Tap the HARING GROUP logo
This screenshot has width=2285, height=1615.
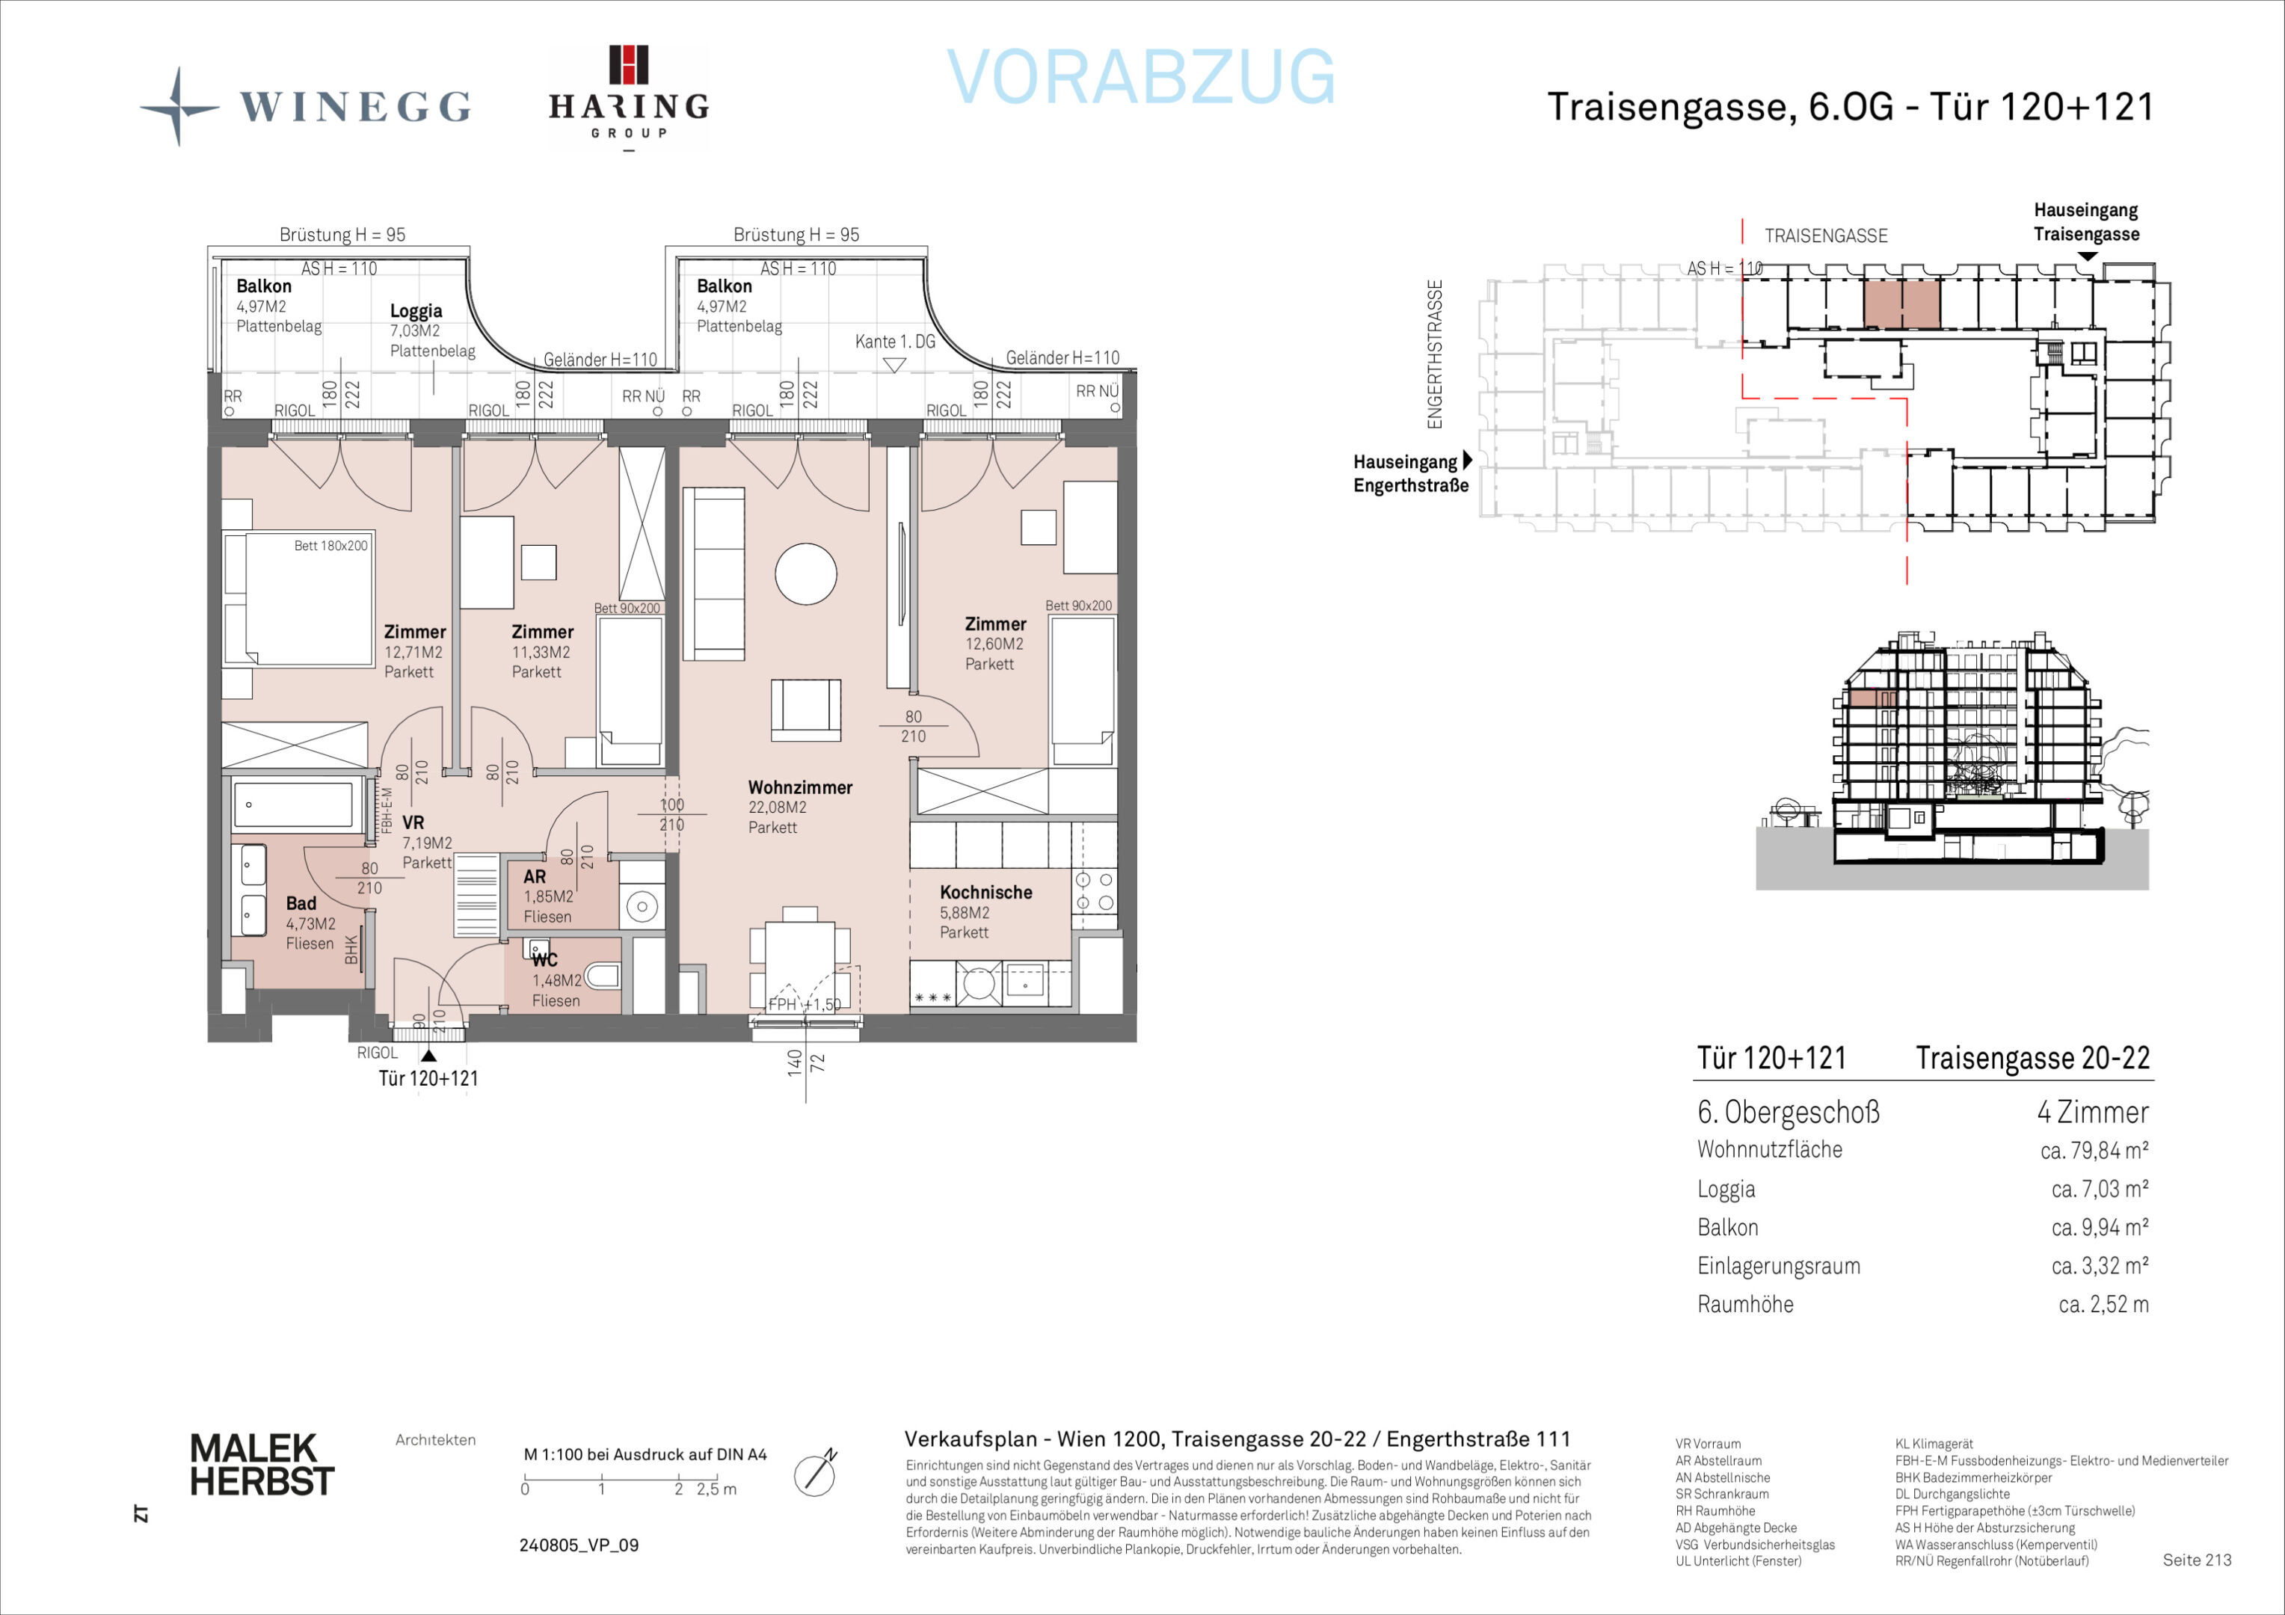629,97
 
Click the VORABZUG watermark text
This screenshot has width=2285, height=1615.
1140,76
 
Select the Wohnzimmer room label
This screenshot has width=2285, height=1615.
800,787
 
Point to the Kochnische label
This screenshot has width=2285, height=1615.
986,893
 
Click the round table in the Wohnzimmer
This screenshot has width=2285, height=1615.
806,574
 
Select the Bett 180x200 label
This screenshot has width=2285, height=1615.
331,545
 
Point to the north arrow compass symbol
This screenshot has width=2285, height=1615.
815,1474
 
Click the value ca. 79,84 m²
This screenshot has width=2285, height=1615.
2094,1150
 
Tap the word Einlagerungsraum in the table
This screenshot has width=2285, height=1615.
1779,1266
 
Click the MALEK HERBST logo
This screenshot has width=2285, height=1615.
262,1464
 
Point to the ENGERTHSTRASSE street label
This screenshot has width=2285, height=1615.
1434,354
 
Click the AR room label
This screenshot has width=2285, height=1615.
535,876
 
